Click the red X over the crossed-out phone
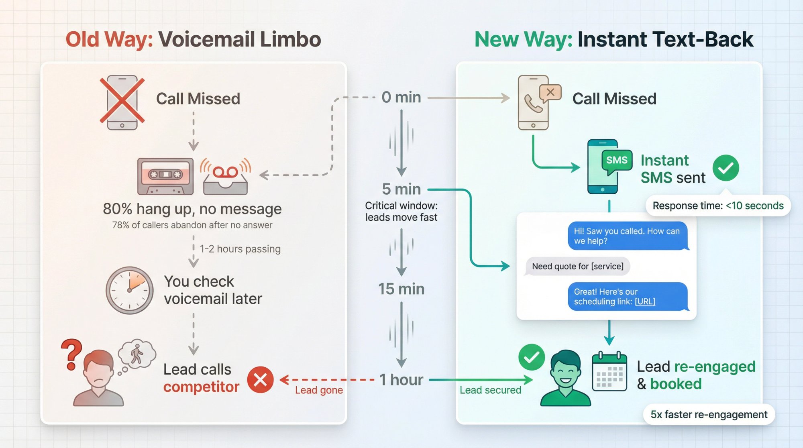(122, 100)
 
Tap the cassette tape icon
(165, 176)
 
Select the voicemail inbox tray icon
(225, 179)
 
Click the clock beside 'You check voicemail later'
(129, 290)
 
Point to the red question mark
(72, 354)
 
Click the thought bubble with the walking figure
(137, 354)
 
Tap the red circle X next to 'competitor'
(260, 379)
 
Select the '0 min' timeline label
(401, 97)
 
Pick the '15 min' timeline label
(401, 289)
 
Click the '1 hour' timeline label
(401, 380)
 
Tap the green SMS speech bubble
(617, 161)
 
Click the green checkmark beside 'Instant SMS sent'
(726, 168)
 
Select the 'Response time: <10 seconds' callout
(718, 206)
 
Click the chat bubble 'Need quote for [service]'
(577, 266)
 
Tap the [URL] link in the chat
(645, 301)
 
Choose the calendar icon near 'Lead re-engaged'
(609, 372)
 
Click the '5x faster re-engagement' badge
(709, 414)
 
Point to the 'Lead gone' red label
(319, 390)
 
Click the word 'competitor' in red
(201, 387)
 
